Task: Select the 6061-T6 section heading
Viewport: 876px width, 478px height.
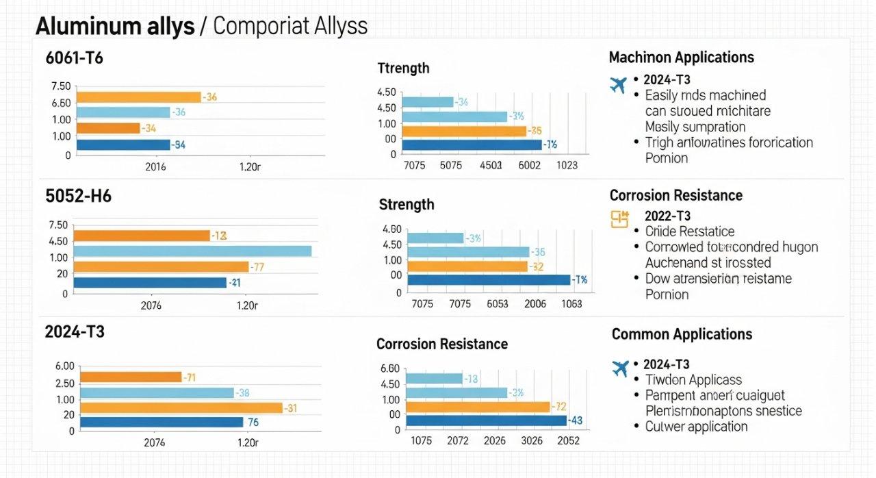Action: (x=74, y=58)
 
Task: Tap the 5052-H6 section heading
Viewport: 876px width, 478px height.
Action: (x=78, y=196)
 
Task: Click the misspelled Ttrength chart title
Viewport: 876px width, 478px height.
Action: (x=403, y=68)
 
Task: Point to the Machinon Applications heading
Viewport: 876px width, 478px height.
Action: (x=681, y=58)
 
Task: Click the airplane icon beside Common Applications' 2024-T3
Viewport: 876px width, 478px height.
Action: (x=621, y=368)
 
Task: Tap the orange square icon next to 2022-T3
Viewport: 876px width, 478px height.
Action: (x=619, y=218)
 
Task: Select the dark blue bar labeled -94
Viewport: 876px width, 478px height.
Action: (x=123, y=144)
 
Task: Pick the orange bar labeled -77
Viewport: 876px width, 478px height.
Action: (x=161, y=266)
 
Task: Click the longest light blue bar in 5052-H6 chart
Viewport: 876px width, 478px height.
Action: (x=192, y=251)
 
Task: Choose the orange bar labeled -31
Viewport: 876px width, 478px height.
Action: (x=181, y=408)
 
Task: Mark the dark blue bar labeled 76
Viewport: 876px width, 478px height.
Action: (x=162, y=423)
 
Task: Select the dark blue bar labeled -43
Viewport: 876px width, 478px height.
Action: (x=486, y=420)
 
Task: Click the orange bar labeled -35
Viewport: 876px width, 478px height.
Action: (x=464, y=131)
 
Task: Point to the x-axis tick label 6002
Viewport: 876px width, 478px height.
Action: (x=530, y=165)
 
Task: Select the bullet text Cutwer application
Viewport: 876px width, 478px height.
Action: (x=696, y=426)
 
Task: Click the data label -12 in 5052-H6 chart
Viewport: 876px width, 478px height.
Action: (x=219, y=236)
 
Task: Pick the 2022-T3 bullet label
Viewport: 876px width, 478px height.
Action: (x=667, y=215)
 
